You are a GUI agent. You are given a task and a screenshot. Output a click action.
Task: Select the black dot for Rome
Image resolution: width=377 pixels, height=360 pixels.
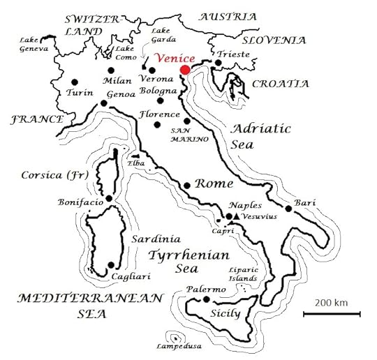click(186, 186)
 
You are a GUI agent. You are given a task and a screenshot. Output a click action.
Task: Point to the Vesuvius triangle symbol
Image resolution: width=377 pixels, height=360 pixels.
click(237, 218)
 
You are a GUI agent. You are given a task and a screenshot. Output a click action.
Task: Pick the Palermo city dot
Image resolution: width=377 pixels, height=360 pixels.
click(207, 299)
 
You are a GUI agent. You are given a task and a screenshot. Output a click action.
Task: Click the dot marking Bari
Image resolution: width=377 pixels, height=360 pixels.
click(288, 208)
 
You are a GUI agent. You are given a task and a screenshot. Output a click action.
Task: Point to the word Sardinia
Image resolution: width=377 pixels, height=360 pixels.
click(151, 238)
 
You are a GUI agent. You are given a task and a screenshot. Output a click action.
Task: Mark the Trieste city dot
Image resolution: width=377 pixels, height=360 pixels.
click(219, 63)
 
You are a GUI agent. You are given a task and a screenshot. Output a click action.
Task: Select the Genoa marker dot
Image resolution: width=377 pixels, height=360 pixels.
click(104, 103)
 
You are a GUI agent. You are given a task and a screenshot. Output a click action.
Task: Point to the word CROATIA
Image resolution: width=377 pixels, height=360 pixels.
click(279, 84)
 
